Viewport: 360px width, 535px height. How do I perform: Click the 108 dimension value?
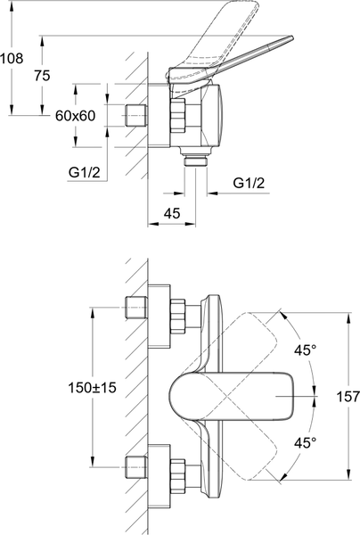pos(12,58)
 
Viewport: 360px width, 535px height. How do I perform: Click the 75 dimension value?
pos(42,76)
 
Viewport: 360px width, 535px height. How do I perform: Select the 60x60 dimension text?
pos(76,116)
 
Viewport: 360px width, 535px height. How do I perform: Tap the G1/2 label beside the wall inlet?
pos(84,173)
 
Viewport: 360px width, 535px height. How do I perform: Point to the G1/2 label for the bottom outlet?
pos(249,183)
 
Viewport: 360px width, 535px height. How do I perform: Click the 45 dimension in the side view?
pos(171,214)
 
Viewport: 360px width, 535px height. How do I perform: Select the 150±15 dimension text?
pos(93,388)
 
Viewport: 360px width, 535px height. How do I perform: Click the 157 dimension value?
pos(348,397)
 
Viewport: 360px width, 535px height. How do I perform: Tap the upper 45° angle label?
pos(306,350)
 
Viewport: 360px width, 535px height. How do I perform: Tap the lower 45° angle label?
pos(306,443)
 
